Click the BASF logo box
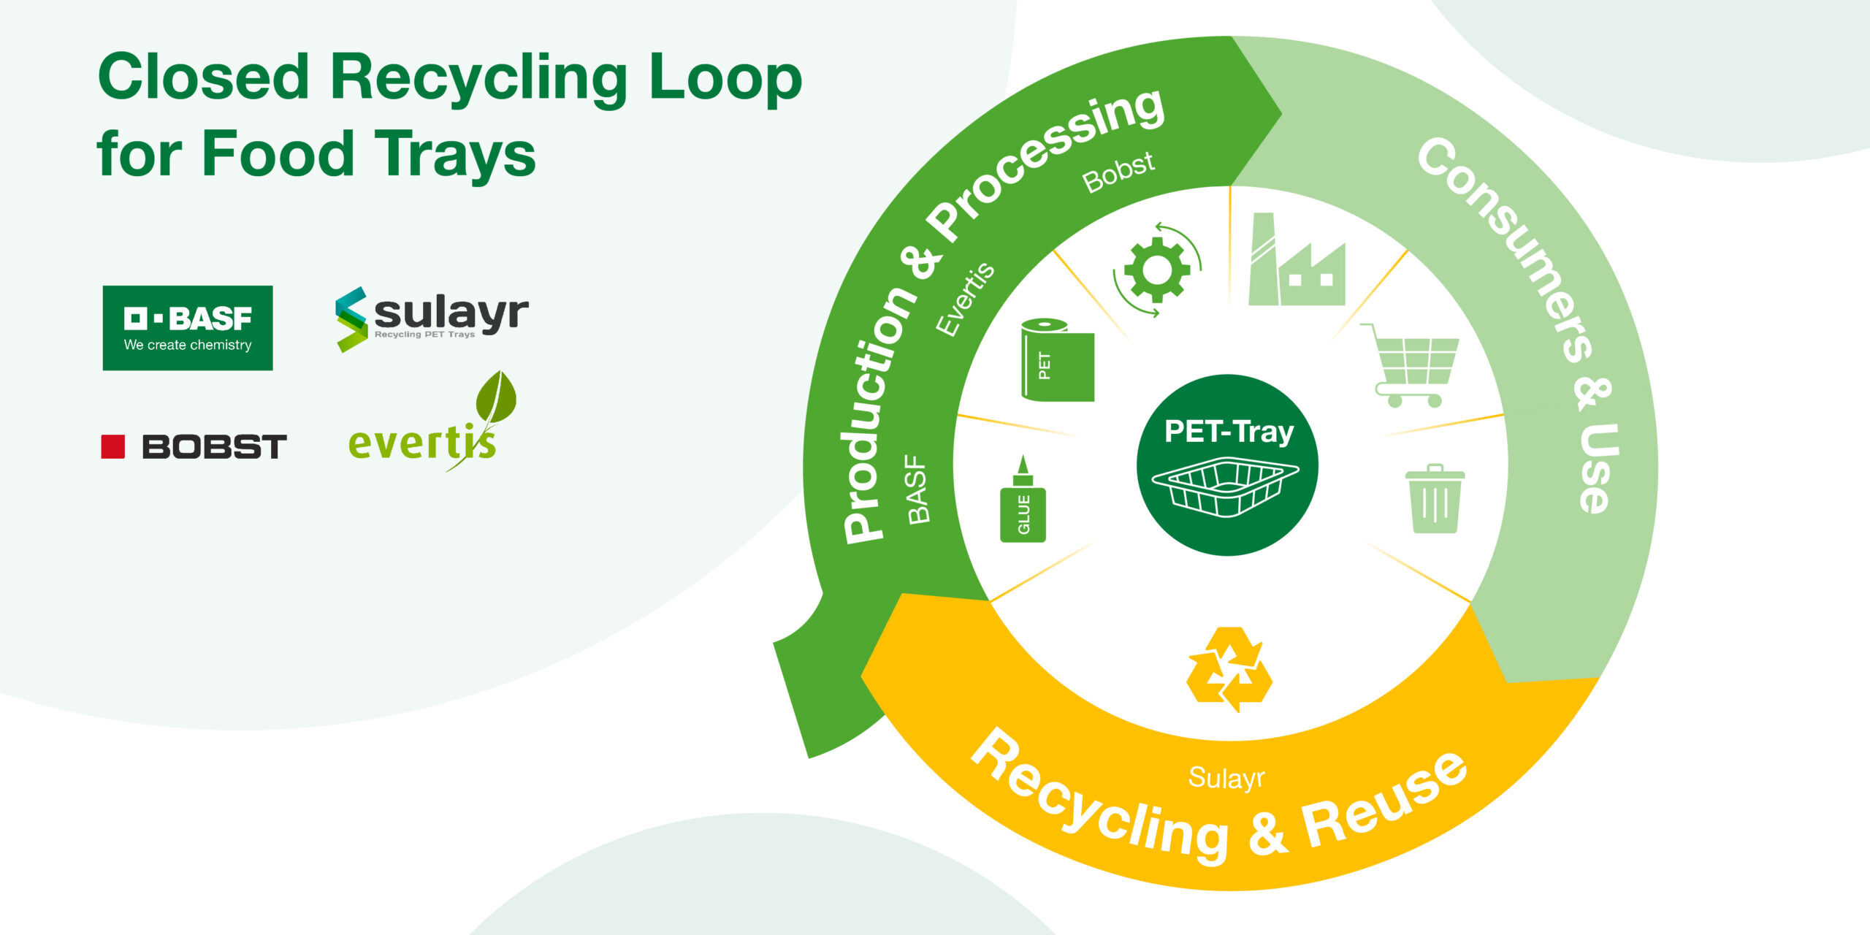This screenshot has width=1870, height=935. (x=188, y=328)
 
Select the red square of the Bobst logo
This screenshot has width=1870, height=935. (x=112, y=446)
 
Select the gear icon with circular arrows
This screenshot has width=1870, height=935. (x=1157, y=270)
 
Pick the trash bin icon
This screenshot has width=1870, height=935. (x=1435, y=500)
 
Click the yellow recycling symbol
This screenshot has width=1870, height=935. (x=1229, y=669)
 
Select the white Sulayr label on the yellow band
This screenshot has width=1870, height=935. (x=1226, y=778)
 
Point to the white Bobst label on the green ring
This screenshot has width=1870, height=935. (x=1118, y=172)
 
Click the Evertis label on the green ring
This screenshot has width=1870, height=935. (x=964, y=299)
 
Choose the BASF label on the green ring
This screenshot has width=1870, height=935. (x=917, y=489)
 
